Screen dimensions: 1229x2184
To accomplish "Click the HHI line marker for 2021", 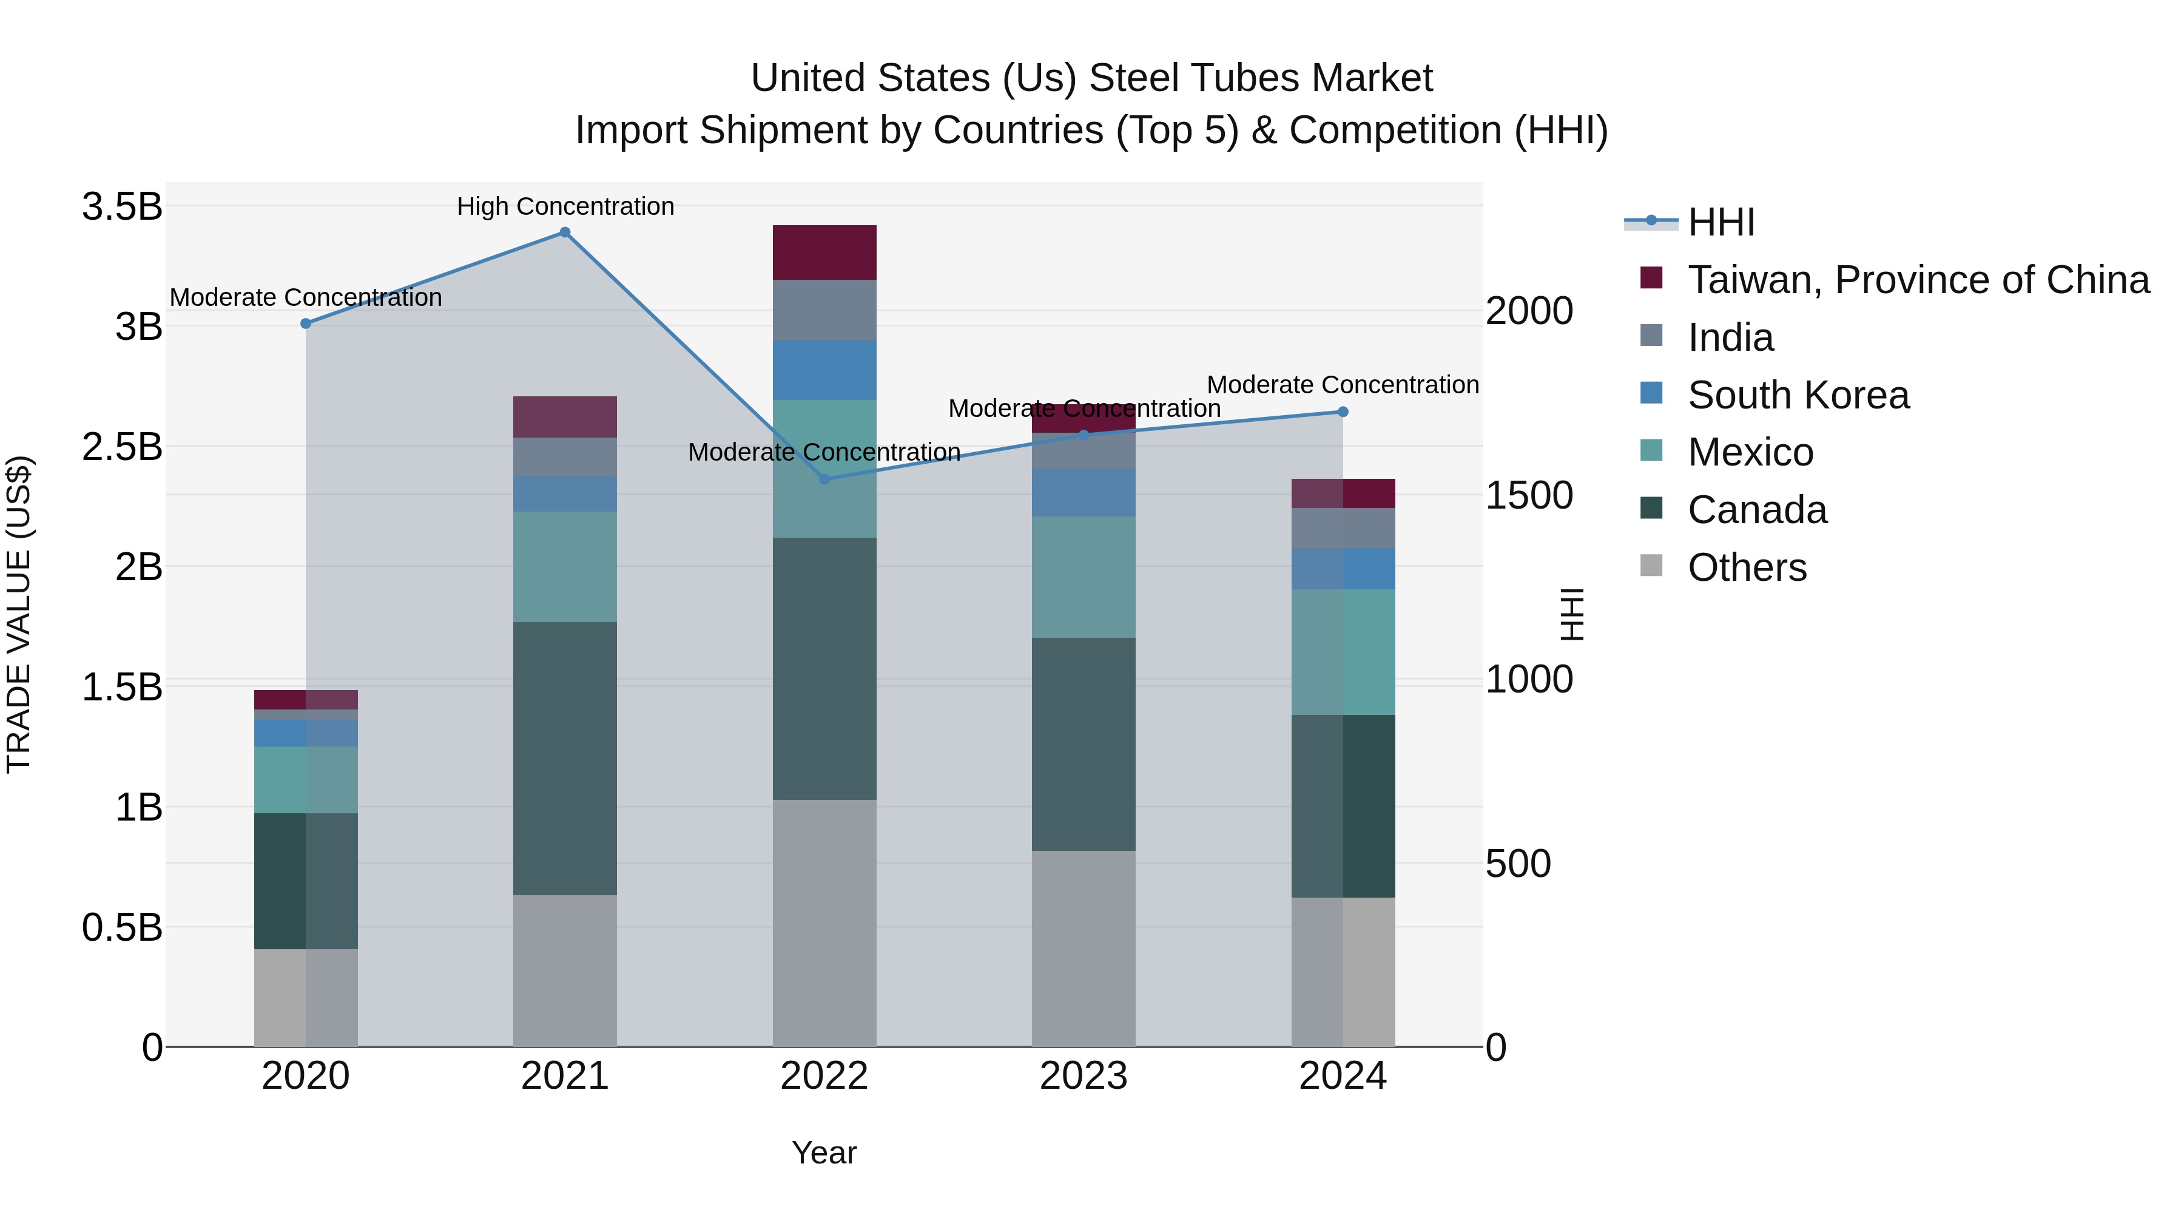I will pos(565,232).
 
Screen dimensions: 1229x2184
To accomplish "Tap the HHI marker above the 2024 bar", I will pos(1343,412).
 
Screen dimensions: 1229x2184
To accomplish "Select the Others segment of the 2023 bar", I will pos(1084,948).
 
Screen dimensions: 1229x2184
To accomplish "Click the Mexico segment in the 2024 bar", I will pos(1343,651).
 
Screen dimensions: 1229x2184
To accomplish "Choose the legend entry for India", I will pos(1730,337).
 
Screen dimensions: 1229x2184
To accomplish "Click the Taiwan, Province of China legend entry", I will pos(1918,280).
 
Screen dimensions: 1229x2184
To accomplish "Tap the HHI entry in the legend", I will pos(1721,222).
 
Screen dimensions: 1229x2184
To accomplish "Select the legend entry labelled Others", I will pos(1747,567).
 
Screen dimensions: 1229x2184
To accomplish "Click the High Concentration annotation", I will pos(565,206).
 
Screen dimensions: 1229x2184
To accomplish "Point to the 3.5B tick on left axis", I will pos(122,206).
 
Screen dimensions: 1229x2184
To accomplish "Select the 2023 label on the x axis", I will pos(1084,1076).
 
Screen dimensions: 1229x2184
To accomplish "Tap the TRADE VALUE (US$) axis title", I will pos(19,614).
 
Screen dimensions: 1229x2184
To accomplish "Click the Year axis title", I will pos(824,1153).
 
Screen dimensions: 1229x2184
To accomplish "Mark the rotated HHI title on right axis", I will pos(1572,614).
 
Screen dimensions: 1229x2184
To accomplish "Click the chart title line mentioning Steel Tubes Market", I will pos(1091,78).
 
